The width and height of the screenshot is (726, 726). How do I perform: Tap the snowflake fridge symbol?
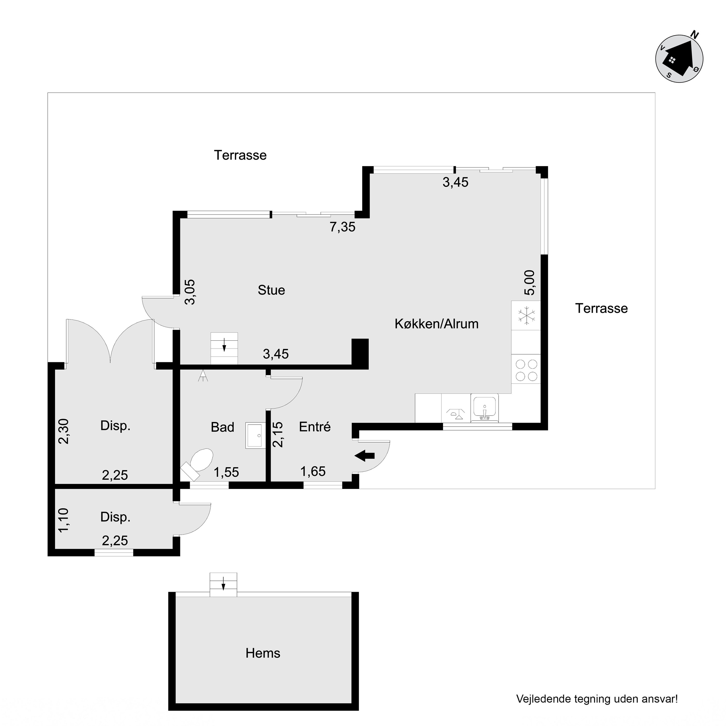[526, 315]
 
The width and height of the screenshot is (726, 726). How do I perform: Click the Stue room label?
[271, 290]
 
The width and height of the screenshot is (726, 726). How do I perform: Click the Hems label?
[263, 653]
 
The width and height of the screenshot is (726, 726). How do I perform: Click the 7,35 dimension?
[343, 227]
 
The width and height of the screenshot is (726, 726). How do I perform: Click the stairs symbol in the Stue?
[224, 348]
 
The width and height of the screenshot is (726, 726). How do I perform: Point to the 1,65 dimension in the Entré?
[313, 471]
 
